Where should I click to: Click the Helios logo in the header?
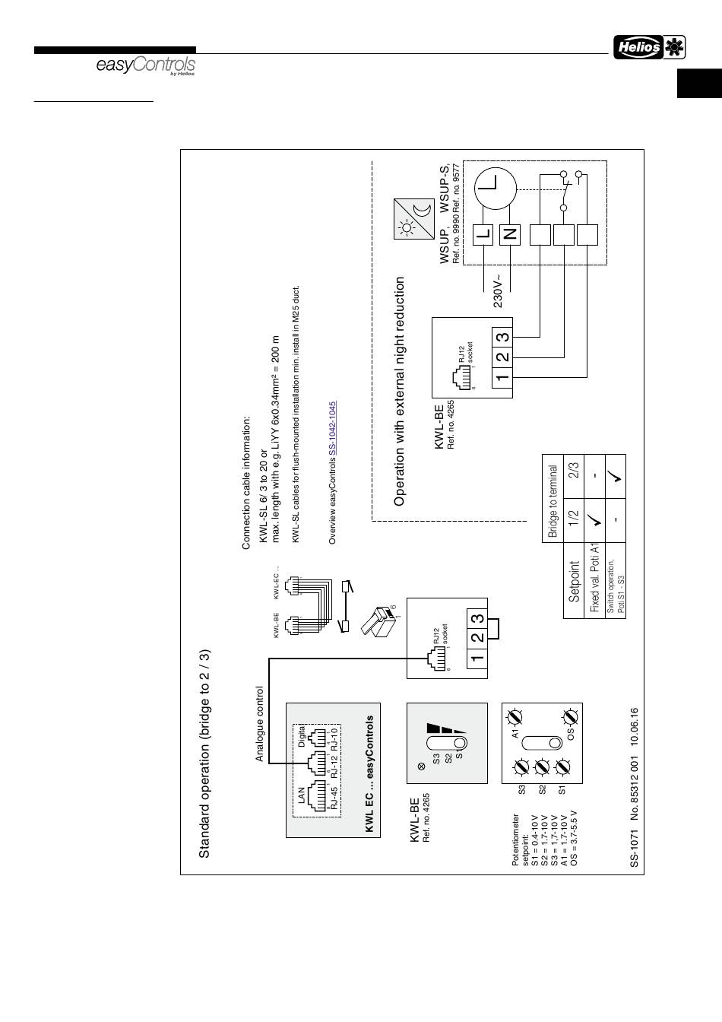pyautogui.click(x=649, y=47)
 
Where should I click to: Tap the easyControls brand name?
pyautogui.click(x=145, y=66)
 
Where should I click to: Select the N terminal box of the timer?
pyautogui.click(x=509, y=234)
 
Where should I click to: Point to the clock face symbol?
pyautogui.click(x=496, y=185)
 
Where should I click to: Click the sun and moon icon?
pyautogui.click(x=413, y=219)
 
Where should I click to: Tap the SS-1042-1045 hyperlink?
pyautogui.click(x=332, y=429)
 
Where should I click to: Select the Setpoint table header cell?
pyautogui.click(x=575, y=582)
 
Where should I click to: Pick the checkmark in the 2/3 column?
pyautogui.click(x=615, y=477)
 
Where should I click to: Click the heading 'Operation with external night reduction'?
pyautogui.click(x=400, y=391)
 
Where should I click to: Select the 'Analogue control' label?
pyautogui.click(x=259, y=723)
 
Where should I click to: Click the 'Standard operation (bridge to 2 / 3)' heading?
pyautogui.click(x=204, y=754)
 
